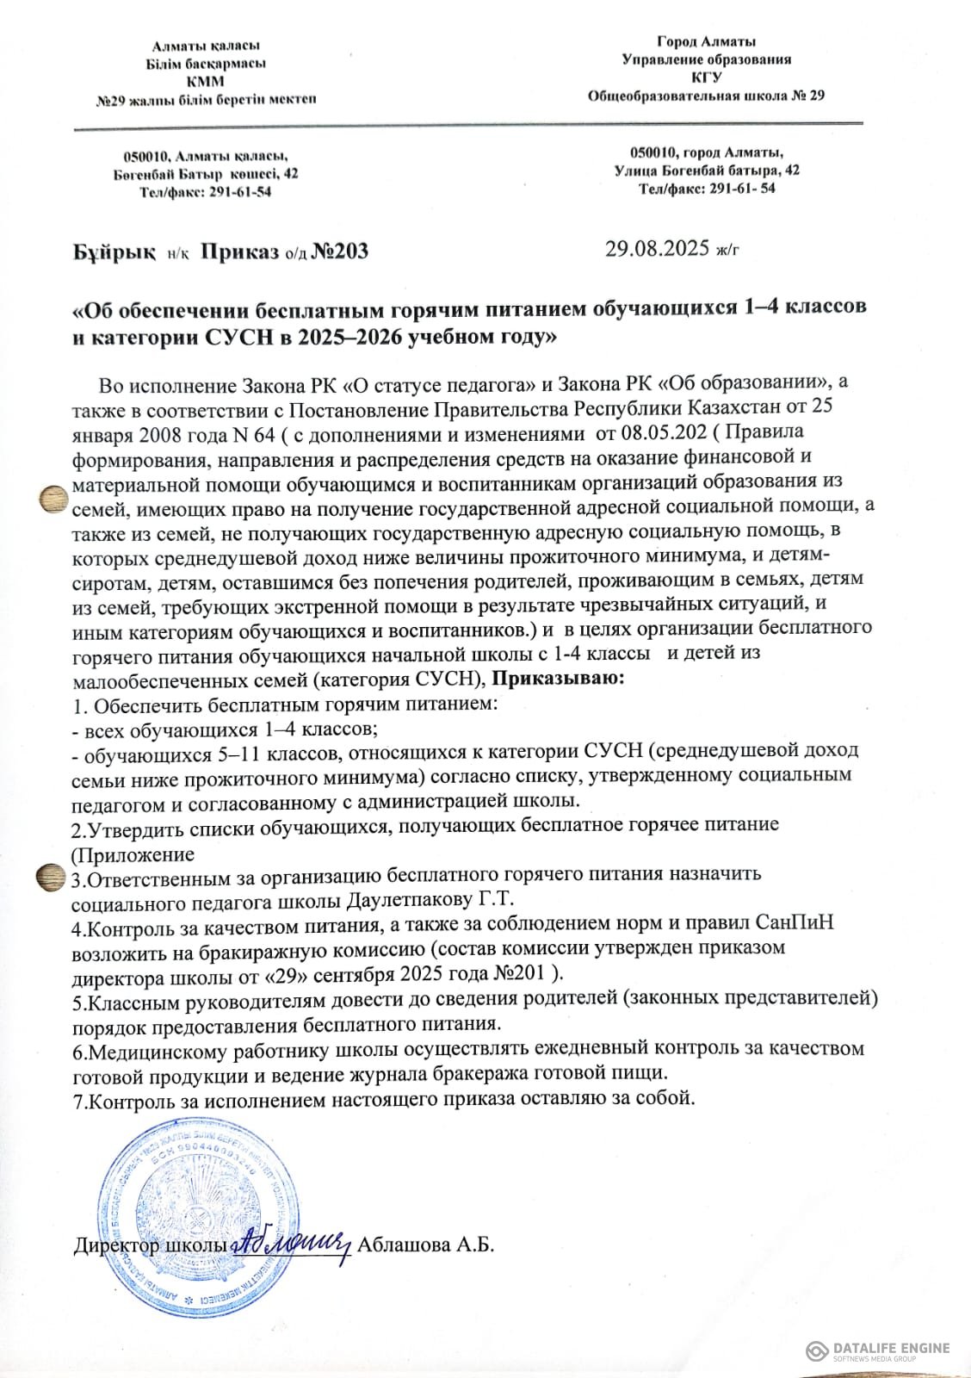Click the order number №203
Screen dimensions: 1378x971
tap(338, 251)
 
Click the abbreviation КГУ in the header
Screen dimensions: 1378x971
tap(706, 78)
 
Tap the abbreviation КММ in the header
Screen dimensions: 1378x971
tap(206, 81)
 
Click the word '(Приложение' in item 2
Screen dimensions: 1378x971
tap(132, 854)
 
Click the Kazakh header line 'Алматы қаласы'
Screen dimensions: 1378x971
tap(206, 45)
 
